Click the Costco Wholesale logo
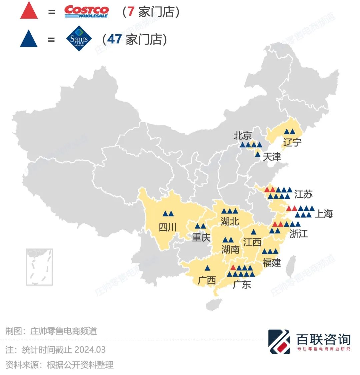pos(86,11)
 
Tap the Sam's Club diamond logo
pos(79,39)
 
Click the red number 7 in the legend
pos(131,12)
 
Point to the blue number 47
pos(114,39)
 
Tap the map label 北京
pos(242,136)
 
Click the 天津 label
pos(272,157)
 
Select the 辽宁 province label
pos(292,142)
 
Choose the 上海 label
pos(323,213)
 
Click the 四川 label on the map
pos(167,227)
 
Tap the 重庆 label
pos(201,237)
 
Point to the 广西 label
pos(207,280)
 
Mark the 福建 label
pos(272,262)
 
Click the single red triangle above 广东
pos(233,268)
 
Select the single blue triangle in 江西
pos(253,232)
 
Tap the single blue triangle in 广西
pos(207,268)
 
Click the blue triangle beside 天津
pos(257,154)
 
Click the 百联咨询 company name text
pos(323,339)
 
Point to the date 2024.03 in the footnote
pos(90,350)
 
